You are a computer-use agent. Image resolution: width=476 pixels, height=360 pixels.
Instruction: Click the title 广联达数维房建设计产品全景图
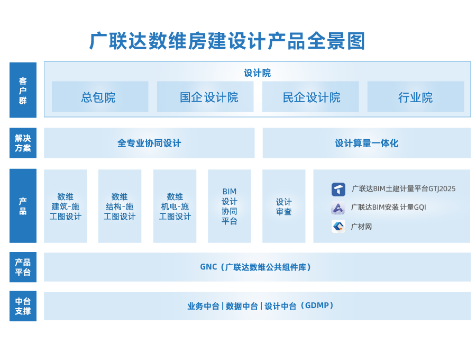(227, 41)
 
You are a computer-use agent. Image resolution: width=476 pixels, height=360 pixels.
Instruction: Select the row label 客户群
(23, 90)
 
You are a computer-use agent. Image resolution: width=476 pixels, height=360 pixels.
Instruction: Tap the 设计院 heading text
(257, 73)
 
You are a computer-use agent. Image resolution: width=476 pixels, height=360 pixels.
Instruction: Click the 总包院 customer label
(98, 97)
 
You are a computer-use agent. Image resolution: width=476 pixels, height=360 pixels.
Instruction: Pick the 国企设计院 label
(209, 97)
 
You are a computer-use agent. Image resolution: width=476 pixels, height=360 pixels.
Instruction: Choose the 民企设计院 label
(312, 97)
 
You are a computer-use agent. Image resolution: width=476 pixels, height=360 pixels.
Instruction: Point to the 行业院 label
(415, 97)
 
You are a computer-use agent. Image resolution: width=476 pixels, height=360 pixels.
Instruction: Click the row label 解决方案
(23, 143)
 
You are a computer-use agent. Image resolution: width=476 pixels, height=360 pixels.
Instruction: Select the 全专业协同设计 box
(149, 143)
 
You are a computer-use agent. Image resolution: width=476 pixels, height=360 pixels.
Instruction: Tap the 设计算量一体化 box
(366, 143)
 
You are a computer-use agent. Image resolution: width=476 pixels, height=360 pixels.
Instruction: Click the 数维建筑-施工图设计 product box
(66, 206)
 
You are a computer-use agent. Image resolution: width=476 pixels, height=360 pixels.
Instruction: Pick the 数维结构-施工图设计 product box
(120, 206)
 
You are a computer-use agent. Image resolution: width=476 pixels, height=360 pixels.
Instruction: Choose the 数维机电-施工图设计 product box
(175, 206)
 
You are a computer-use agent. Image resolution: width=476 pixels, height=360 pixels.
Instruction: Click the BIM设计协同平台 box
(230, 206)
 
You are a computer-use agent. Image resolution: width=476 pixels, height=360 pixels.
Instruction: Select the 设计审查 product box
(284, 206)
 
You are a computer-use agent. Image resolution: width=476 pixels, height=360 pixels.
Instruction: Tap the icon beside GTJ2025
(338, 189)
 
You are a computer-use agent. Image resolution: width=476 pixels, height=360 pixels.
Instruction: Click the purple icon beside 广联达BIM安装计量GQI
(338, 208)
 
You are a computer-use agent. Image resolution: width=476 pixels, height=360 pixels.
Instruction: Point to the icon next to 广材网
(338, 227)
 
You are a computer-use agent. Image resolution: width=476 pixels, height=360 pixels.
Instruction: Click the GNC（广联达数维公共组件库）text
(257, 267)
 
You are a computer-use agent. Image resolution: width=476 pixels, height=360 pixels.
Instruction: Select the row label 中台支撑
(23, 306)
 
